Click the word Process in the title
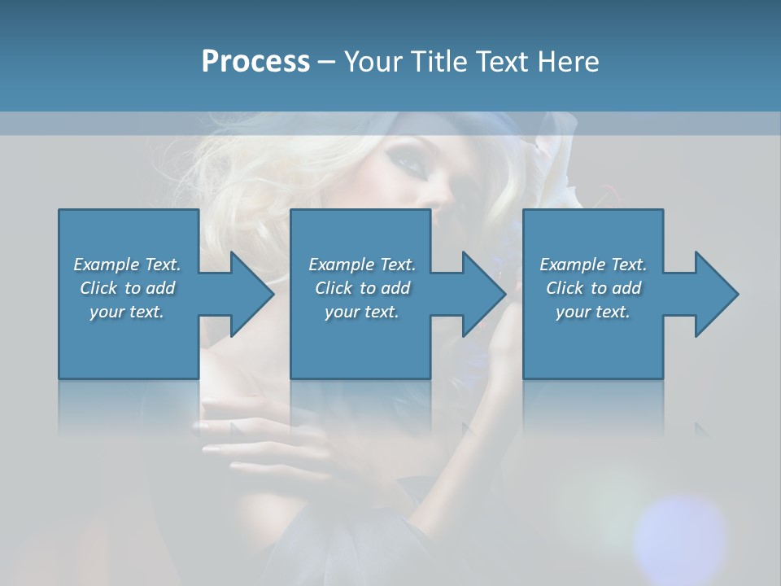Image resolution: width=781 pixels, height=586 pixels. click(255, 62)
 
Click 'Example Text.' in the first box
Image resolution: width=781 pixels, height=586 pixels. click(127, 265)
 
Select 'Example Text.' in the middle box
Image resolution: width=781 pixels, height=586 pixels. click(362, 265)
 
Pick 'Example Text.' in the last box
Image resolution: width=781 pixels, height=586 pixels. click(593, 265)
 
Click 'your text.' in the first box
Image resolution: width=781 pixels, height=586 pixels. click(127, 312)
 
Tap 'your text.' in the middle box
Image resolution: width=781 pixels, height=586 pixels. click(362, 312)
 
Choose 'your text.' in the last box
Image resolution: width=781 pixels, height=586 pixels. click(593, 312)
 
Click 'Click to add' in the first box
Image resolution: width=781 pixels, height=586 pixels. click(127, 288)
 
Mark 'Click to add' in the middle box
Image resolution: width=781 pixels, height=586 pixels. click(362, 288)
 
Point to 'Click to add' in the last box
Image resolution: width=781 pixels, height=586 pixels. click(593, 288)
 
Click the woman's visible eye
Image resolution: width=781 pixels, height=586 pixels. click(413, 162)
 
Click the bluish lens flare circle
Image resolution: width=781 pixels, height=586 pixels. click(679, 533)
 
